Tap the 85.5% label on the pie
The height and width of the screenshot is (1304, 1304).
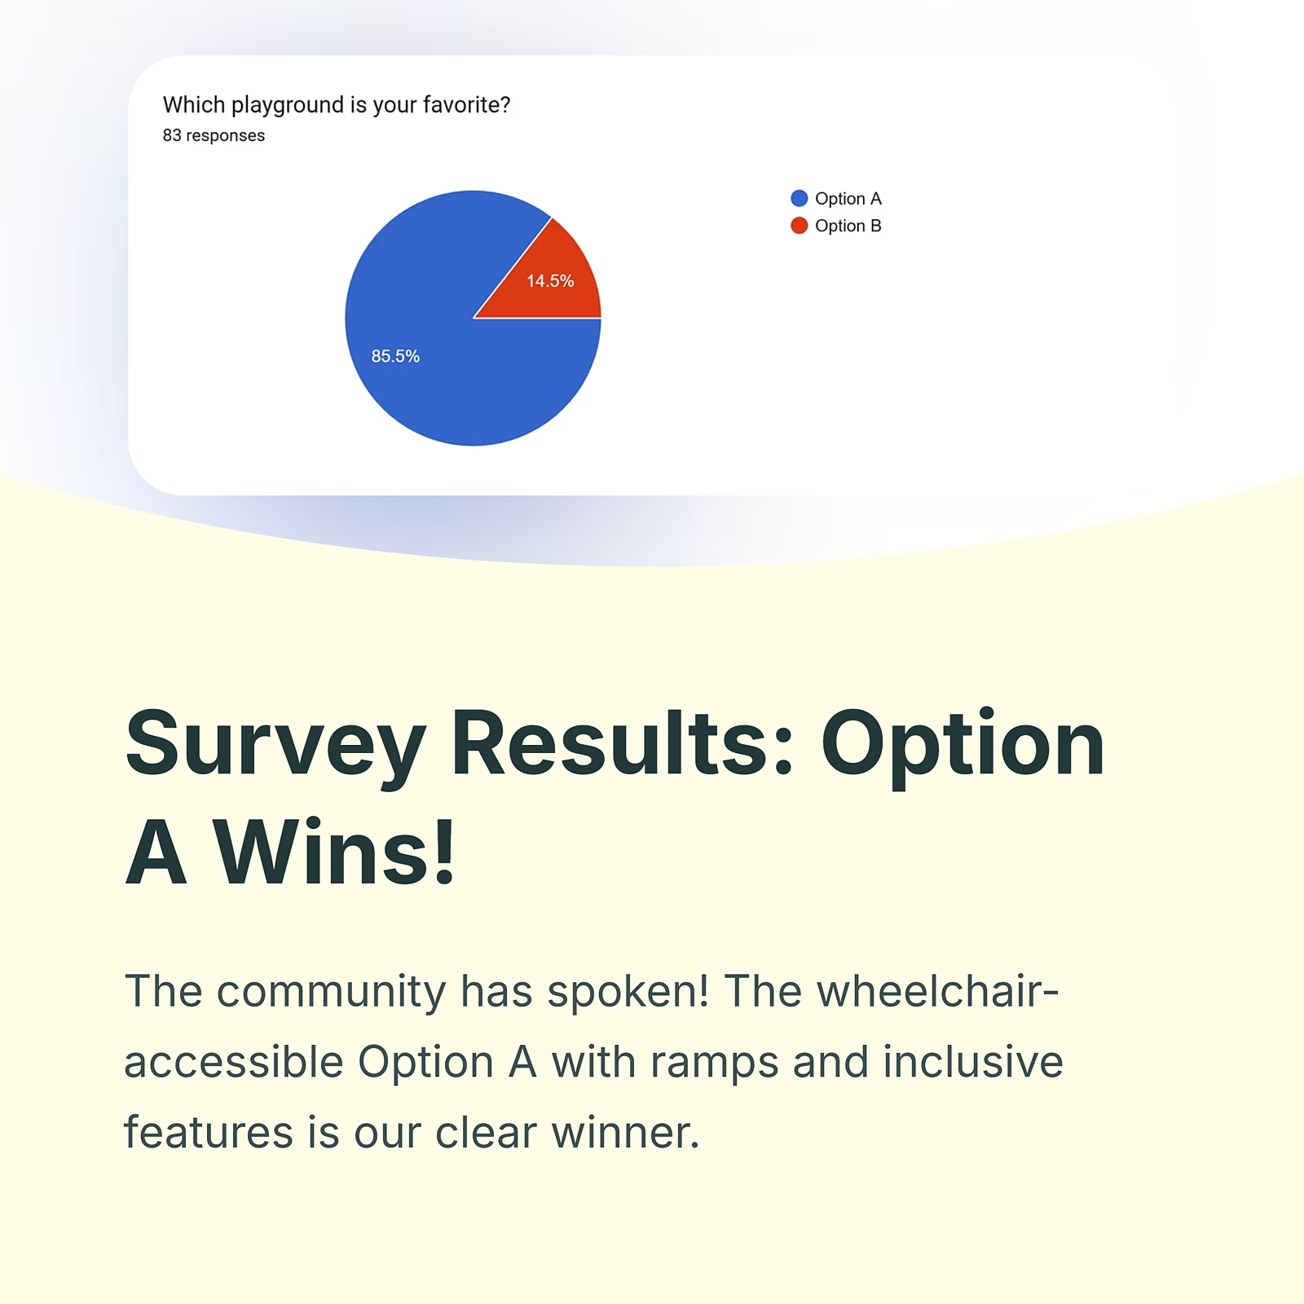point(395,356)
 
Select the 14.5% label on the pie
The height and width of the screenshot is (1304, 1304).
point(550,281)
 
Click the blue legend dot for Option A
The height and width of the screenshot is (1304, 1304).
point(799,198)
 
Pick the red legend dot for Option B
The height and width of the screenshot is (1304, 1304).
point(799,226)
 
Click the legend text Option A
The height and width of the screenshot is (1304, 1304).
point(848,199)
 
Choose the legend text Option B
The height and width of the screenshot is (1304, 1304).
point(848,226)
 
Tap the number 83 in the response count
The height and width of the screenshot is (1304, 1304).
point(172,135)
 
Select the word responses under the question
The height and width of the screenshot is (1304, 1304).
point(226,136)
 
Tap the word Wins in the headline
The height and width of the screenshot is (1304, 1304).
point(334,852)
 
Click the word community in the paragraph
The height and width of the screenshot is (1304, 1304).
point(331,992)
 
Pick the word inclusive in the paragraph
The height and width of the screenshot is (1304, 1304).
point(973,1061)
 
